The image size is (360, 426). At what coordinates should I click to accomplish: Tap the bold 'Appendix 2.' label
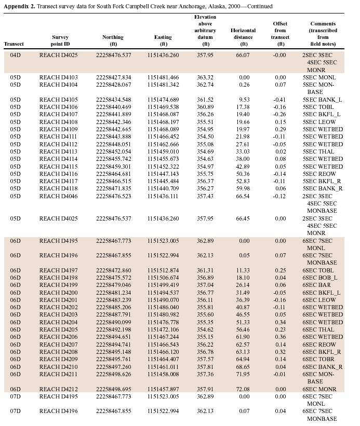click(20, 6)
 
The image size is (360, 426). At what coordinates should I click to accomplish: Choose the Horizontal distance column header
click(243, 34)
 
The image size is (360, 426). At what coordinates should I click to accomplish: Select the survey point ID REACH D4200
click(59, 293)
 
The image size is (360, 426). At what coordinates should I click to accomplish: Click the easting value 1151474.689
click(163, 99)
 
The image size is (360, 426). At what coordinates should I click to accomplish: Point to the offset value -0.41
click(279, 99)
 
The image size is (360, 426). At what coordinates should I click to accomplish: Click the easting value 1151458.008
click(163, 374)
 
